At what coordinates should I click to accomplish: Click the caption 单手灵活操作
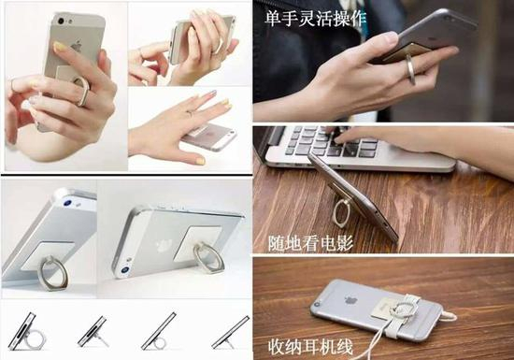(315, 18)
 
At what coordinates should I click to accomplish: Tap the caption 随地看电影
(311, 243)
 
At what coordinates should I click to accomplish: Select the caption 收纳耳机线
(310, 346)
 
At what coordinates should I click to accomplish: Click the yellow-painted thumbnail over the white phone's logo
(60, 47)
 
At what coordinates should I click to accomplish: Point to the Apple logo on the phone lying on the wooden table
(350, 299)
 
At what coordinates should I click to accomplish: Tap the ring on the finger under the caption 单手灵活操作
(411, 69)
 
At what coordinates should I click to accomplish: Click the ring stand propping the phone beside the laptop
(340, 212)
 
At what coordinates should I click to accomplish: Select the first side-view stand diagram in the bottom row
(26, 331)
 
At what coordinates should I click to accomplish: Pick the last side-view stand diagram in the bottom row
(231, 332)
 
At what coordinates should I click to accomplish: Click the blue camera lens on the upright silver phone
(67, 203)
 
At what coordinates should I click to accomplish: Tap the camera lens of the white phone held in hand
(61, 22)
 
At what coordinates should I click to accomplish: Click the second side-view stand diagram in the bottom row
(93, 331)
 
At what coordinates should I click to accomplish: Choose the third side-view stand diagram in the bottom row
(159, 331)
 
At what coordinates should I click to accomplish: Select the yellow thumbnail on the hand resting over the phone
(200, 161)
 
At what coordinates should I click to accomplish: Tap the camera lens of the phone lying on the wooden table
(317, 305)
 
